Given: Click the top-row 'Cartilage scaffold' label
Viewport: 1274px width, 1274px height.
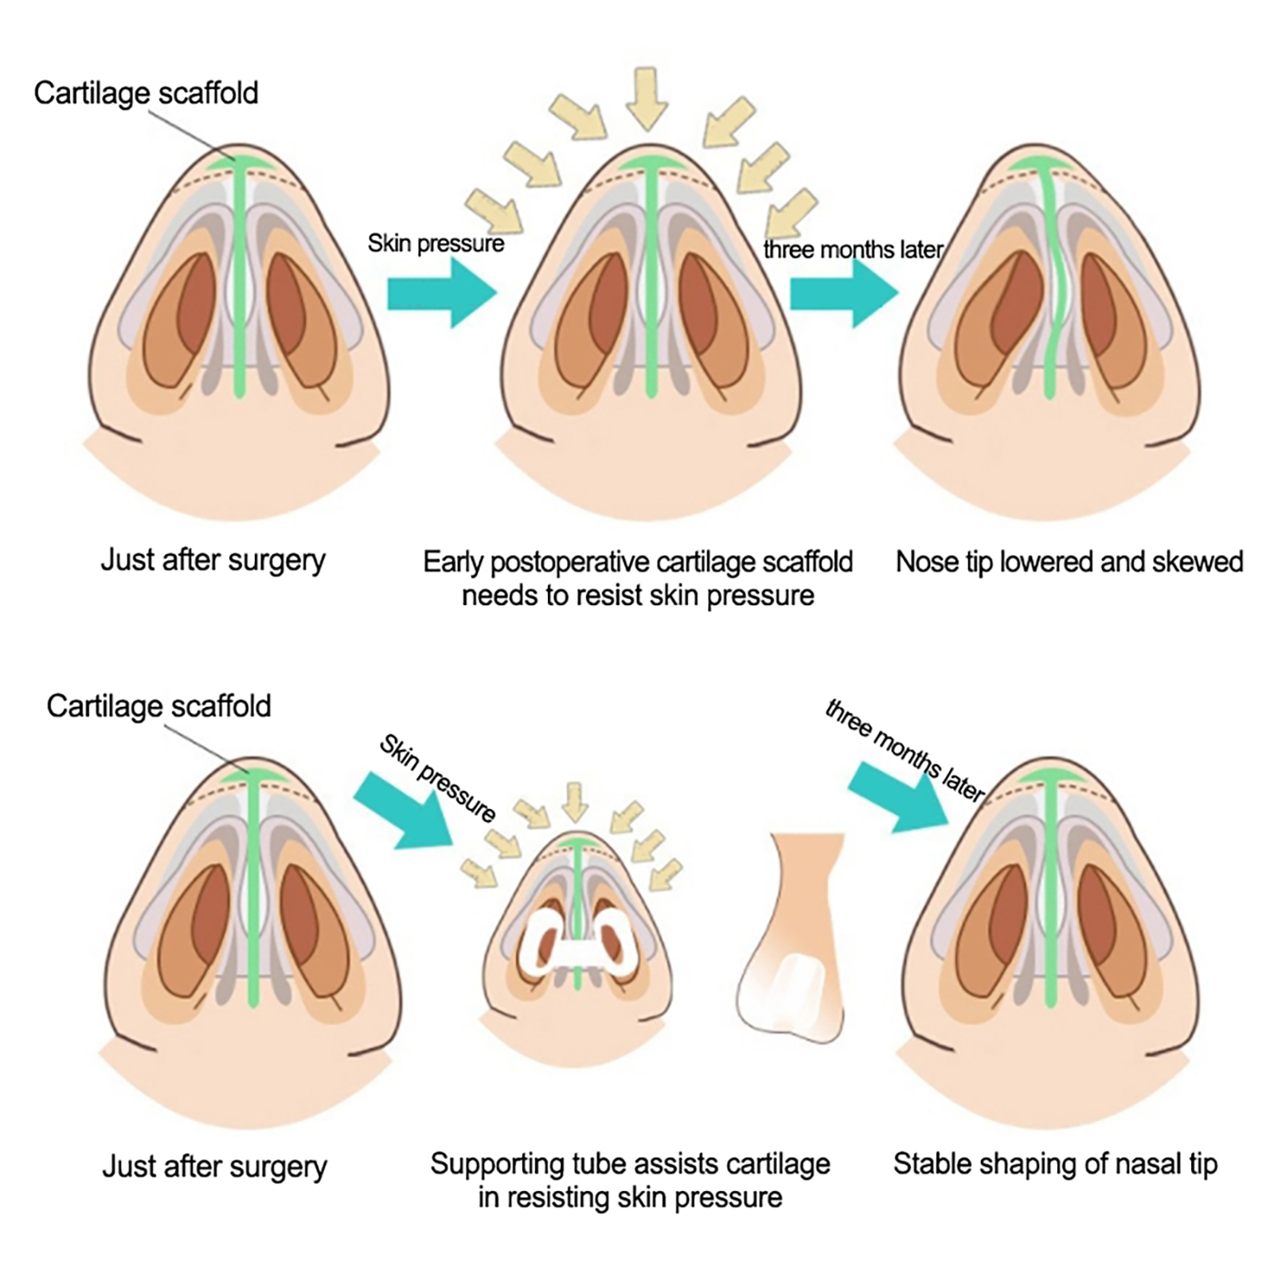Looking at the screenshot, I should tap(146, 93).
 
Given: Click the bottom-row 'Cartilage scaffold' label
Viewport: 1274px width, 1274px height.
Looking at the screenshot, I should tap(158, 706).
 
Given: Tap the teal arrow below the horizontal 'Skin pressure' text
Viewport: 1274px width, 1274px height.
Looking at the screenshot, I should tap(440, 293).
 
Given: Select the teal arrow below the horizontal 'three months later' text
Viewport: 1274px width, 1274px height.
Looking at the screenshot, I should tap(843, 293).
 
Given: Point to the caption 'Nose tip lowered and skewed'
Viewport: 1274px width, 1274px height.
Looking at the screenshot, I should tap(1069, 562).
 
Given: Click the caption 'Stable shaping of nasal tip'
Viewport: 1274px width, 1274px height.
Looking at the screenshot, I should tap(1055, 1164).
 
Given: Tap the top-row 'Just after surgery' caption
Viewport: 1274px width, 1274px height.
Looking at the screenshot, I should tap(213, 561).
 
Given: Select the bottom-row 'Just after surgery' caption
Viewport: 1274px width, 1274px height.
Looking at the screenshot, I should tap(214, 1167).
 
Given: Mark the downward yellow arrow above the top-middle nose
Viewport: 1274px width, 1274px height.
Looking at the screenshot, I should tap(646, 98).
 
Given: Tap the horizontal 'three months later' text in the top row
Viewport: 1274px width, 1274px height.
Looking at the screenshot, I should tap(853, 250).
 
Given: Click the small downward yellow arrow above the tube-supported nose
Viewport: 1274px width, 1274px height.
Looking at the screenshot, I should tap(574, 801).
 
